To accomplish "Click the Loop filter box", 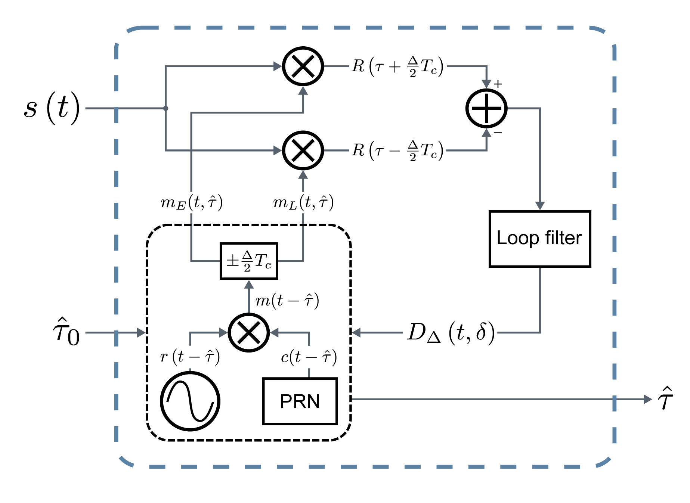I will tap(539, 239).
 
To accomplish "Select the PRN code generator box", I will tap(300, 401).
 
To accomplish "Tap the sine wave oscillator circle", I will tap(190, 401).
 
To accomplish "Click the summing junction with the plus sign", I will tap(486, 108).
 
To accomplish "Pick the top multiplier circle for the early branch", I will tap(303, 66).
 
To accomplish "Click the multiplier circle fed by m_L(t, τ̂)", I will tap(303, 150).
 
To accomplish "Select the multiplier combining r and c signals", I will tap(249, 332).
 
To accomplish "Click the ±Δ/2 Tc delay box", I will tap(249, 261).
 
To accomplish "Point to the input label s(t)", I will tap(52, 108).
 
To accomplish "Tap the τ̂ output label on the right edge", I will tap(665, 399).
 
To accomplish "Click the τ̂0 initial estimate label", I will tap(66, 332).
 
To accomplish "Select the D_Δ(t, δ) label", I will tap(451, 332).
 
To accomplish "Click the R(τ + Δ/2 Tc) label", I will tap(397, 66).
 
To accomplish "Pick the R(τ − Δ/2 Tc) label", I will tap(397, 150).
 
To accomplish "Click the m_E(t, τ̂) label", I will tap(192, 203).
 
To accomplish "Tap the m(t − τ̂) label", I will tap(287, 301).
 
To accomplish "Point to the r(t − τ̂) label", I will tap(190, 357).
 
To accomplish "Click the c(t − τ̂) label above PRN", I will tap(309, 357).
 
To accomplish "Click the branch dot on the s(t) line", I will tap(166, 108).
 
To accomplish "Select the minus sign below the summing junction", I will tap(498, 133).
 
